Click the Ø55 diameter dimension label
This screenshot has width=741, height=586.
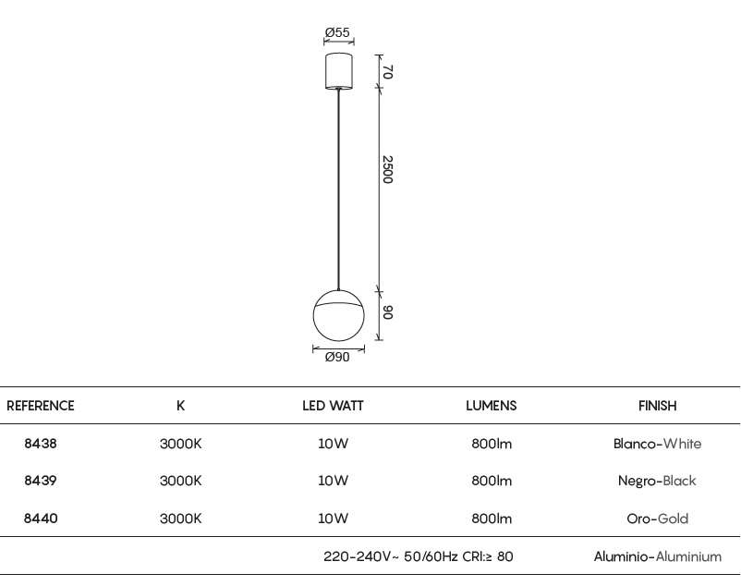click(337, 32)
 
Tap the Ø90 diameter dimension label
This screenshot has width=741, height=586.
click(337, 357)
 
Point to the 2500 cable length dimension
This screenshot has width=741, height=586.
click(387, 170)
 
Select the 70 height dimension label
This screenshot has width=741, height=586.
click(387, 72)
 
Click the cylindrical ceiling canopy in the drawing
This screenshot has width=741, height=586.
click(339, 71)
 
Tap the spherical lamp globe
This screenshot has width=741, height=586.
click(339, 315)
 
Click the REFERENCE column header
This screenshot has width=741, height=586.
click(40, 406)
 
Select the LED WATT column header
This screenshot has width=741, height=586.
click(333, 406)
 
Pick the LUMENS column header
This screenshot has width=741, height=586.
click(491, 406)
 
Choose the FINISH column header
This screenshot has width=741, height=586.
click(657, 406)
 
